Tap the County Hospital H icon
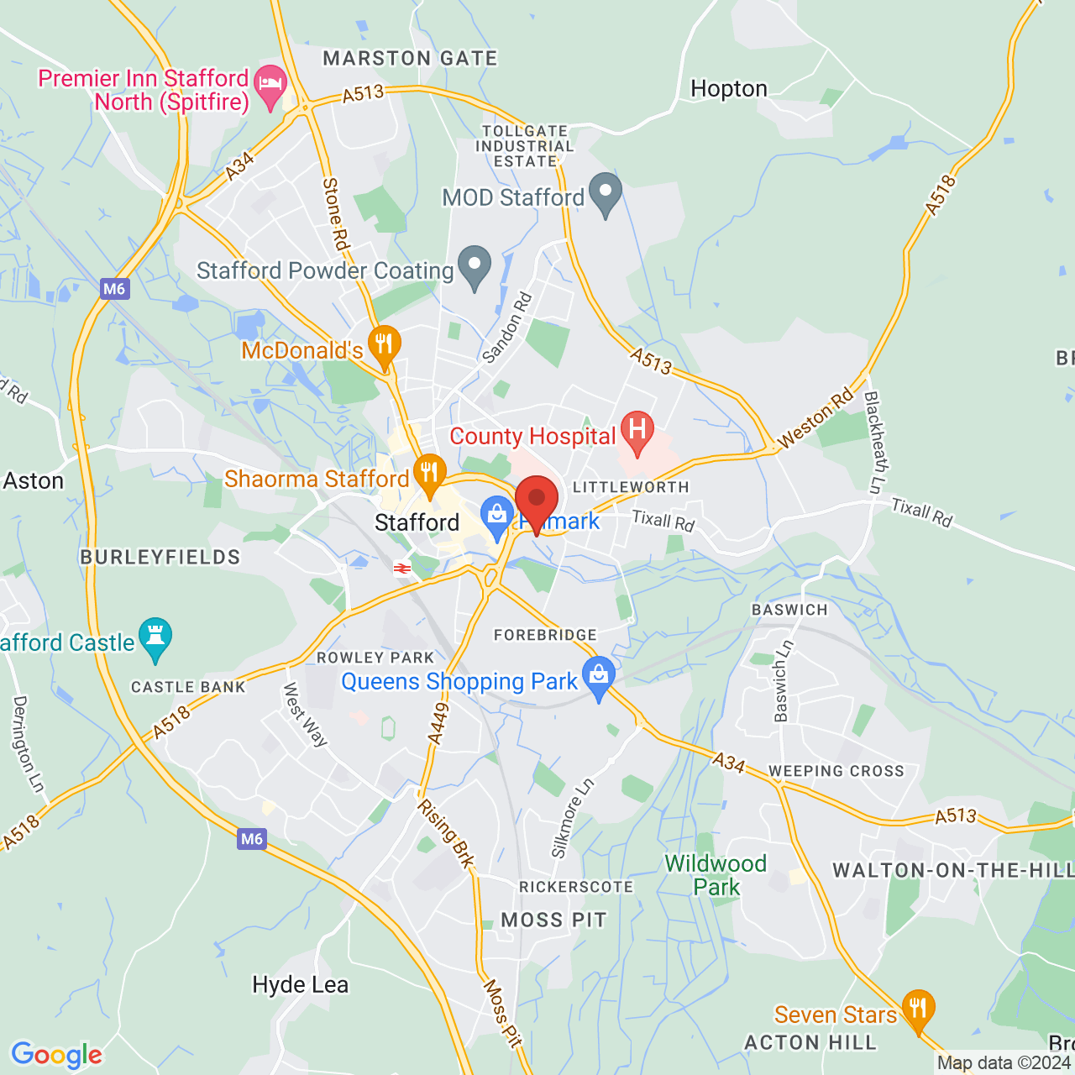(x=637, y=429)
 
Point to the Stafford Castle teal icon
(x=155, y=637)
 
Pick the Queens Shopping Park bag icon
(x=598, y=676)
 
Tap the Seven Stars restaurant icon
(x=918, y=1009)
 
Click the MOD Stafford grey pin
(x=605, y=192)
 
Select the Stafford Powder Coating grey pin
(x=475, y=265)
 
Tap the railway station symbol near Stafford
(x=401, y=569)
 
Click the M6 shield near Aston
(x=114, y=289)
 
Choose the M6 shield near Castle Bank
(x=252, y=838)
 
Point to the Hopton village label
(x=728, y=89)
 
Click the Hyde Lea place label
(x=300, y=985)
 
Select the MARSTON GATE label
(x=410, y=59)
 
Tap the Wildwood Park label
(x=716, y=875)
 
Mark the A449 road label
(x=438, y=722)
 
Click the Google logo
(x=56, y=1055)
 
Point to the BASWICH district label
(x=789, y=610)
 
